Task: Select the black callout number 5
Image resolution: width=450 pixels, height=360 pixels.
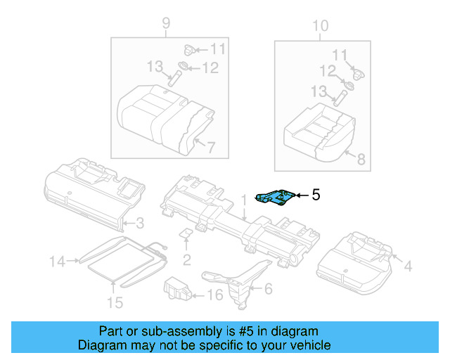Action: (316, 195)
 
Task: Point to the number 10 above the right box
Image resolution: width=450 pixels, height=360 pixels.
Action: (320, 26)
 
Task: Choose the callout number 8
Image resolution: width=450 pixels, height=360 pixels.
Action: (361, 160)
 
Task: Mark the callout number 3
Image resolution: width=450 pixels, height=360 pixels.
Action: (140, 224)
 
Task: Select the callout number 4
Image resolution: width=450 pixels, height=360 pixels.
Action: (409, 265)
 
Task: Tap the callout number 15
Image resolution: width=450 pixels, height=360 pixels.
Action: (114, 302)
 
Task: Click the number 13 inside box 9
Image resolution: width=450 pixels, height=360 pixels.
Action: (155, 66)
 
